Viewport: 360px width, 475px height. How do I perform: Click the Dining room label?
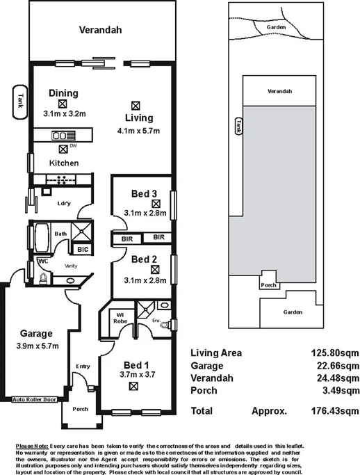(63, 93)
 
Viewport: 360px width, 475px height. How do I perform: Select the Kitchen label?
(63, 163)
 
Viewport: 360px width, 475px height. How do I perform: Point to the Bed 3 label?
(145, 193)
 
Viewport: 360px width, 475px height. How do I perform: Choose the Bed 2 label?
(145, 260)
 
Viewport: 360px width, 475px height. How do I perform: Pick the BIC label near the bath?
(82, 248)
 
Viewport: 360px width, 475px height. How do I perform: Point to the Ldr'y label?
(65, 203)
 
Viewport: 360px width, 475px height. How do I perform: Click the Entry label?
(83, 367)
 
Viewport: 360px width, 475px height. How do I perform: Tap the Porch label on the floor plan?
(80, 409)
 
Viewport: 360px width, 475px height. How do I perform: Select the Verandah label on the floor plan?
(100, 30)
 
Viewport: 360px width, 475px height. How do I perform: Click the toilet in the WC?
(43, 278)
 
